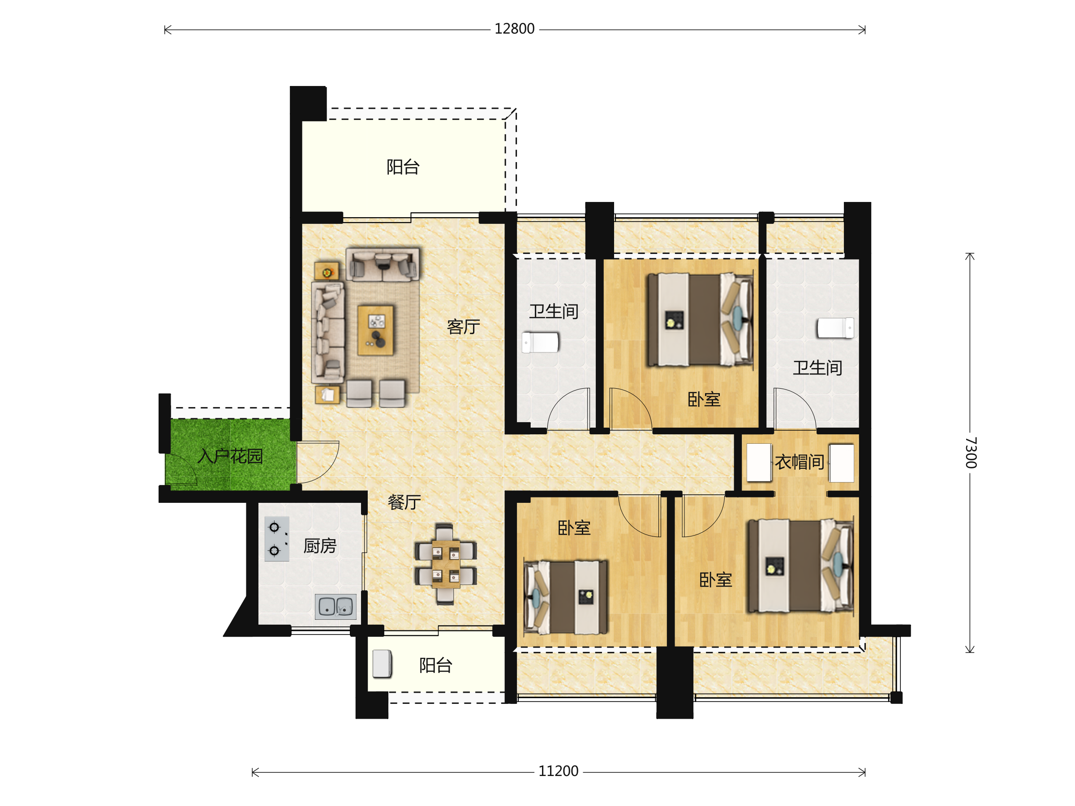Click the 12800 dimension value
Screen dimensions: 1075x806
coord(514,29)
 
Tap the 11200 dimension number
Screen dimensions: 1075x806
coord(558,772)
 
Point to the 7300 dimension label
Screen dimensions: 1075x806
coord(971,452)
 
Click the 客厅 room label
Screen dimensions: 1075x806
coord(463,326)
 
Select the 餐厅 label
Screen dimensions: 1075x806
coord(404,502)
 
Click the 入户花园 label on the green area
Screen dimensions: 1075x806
coord(230,456)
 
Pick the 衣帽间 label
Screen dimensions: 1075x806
coord(799,462)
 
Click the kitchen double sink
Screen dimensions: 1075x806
coord(335,606)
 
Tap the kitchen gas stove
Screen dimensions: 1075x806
coord(276,539)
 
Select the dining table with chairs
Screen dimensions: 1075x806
coord(445,564)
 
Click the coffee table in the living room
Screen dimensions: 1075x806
coord(375,330)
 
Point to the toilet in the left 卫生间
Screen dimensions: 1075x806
coord(541,342)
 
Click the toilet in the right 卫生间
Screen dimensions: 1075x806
coord(835,328)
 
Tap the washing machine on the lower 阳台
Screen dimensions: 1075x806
coord(382,664)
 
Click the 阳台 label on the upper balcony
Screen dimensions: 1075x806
coord(403,167)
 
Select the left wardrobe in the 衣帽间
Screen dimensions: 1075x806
coord(759,463)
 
